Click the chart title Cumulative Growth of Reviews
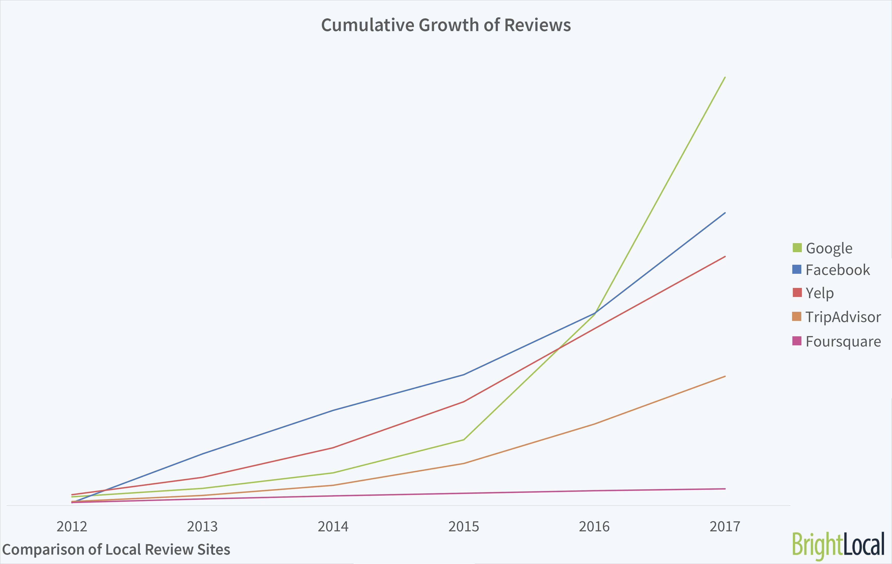[x=446, y=25]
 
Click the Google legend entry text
[x=829, y=248]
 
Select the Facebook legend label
[x=837, y=270]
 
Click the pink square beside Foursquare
[x=797, y=341]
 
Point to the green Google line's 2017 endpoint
[x=725, y=77]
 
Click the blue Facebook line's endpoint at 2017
[x=725, y=213]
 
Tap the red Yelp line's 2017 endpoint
[x=725, y=256]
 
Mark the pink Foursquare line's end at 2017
[x=725, y=489]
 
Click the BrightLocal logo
[x=838, y=544]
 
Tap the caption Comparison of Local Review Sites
[x=116, y=549]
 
